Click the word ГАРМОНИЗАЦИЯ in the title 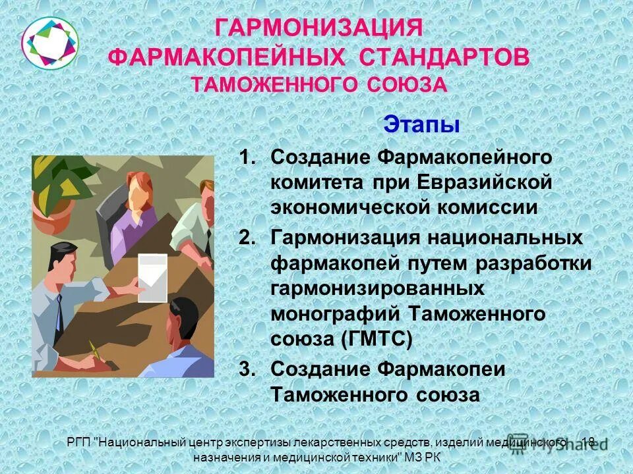[x=318, y=29]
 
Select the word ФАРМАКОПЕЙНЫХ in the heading [x=228, y=57]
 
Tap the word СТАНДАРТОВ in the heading [x=444, y=57]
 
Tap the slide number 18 [x=589, y=442]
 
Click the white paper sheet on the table [x=152, y=278]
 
